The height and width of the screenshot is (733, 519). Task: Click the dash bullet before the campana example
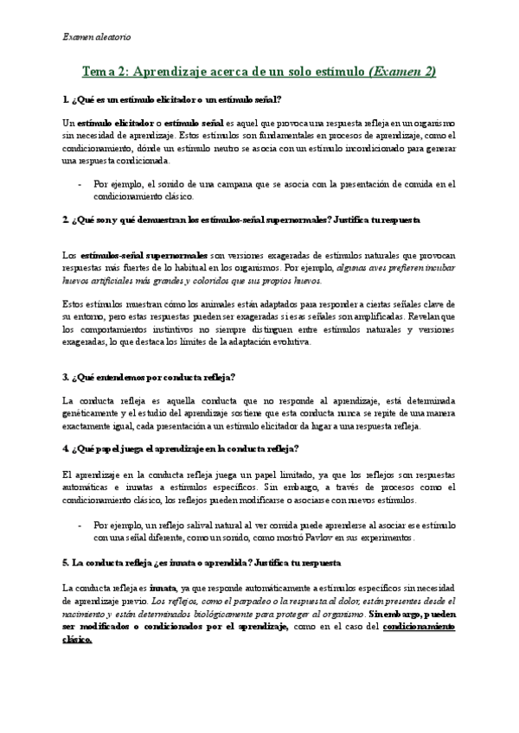coord(80,184)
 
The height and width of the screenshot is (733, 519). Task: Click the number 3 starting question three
coord(66,378)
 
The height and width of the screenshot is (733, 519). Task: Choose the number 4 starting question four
coord(66,449)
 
